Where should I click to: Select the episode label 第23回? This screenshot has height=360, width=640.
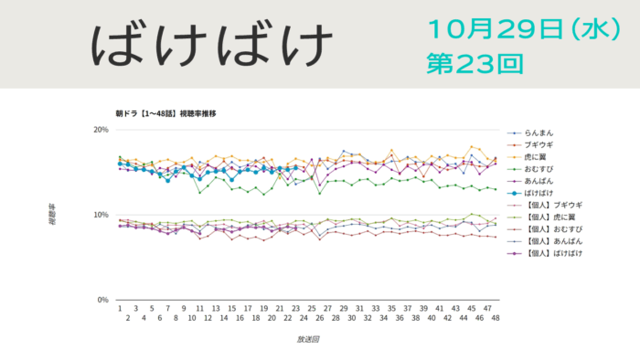point(475,63)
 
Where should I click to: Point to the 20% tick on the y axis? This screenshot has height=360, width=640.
point(101,130)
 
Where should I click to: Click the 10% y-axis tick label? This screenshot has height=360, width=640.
point(101,215)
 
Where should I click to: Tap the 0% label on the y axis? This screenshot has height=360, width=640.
point(104,300)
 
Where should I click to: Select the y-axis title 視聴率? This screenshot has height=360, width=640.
point(53,214)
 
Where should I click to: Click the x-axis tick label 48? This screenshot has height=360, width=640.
point(496,318)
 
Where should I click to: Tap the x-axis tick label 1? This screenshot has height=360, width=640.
point(120,309)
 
